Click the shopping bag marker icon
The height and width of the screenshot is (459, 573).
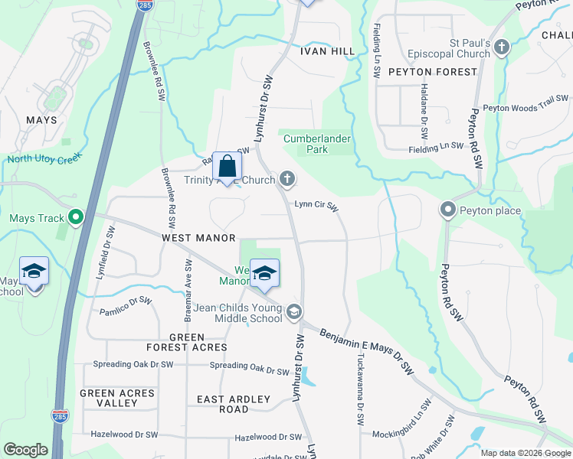(228, 166)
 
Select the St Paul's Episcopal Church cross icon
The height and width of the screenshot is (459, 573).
(502, 48)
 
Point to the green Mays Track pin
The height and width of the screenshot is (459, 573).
(75, 219)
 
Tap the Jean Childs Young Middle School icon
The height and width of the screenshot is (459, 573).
(295, 313)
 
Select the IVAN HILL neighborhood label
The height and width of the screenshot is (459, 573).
(327, 51)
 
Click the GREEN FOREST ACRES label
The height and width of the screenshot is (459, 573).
(187, 342)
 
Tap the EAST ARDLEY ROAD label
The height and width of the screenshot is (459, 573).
(234, 404)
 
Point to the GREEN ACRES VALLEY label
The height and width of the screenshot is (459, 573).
(117, 398)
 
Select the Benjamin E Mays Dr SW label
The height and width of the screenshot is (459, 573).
(366, 350)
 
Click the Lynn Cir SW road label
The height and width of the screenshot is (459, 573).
(316, 204)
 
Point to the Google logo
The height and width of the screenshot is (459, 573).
(25, 450)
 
